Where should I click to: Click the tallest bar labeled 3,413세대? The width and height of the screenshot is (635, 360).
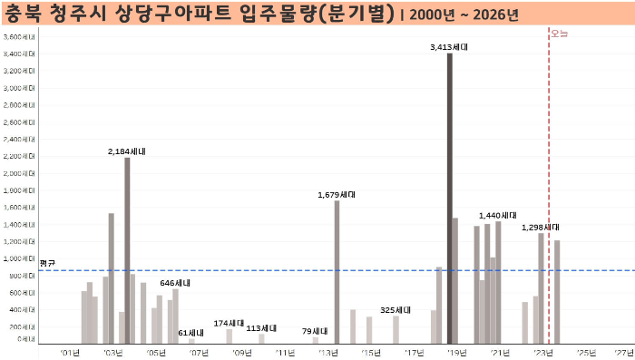pos(449,199)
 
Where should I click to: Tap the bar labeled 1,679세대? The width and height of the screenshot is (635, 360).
pos(337,272)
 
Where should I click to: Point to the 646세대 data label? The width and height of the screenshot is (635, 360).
pos(175,283)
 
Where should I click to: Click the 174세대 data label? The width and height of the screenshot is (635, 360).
pos(229,323)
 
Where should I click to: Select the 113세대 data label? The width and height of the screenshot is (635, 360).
pos(261,328)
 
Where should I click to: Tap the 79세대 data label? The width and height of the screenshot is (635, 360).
pos(316,331)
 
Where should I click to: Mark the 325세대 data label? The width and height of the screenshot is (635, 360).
pos(396,309)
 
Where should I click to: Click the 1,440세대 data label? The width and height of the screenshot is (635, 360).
pos(496,215)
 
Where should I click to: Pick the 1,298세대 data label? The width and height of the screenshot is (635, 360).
pos(540,227)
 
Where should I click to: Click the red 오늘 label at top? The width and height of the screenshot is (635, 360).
pos(559,33)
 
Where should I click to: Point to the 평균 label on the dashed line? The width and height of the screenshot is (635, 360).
pos(47,263)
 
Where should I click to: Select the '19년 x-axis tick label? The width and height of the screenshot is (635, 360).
pos(456,352)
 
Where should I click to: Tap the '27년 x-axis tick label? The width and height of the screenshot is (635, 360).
pos(624,352)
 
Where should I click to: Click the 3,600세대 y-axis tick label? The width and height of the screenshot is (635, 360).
pos(19,36)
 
